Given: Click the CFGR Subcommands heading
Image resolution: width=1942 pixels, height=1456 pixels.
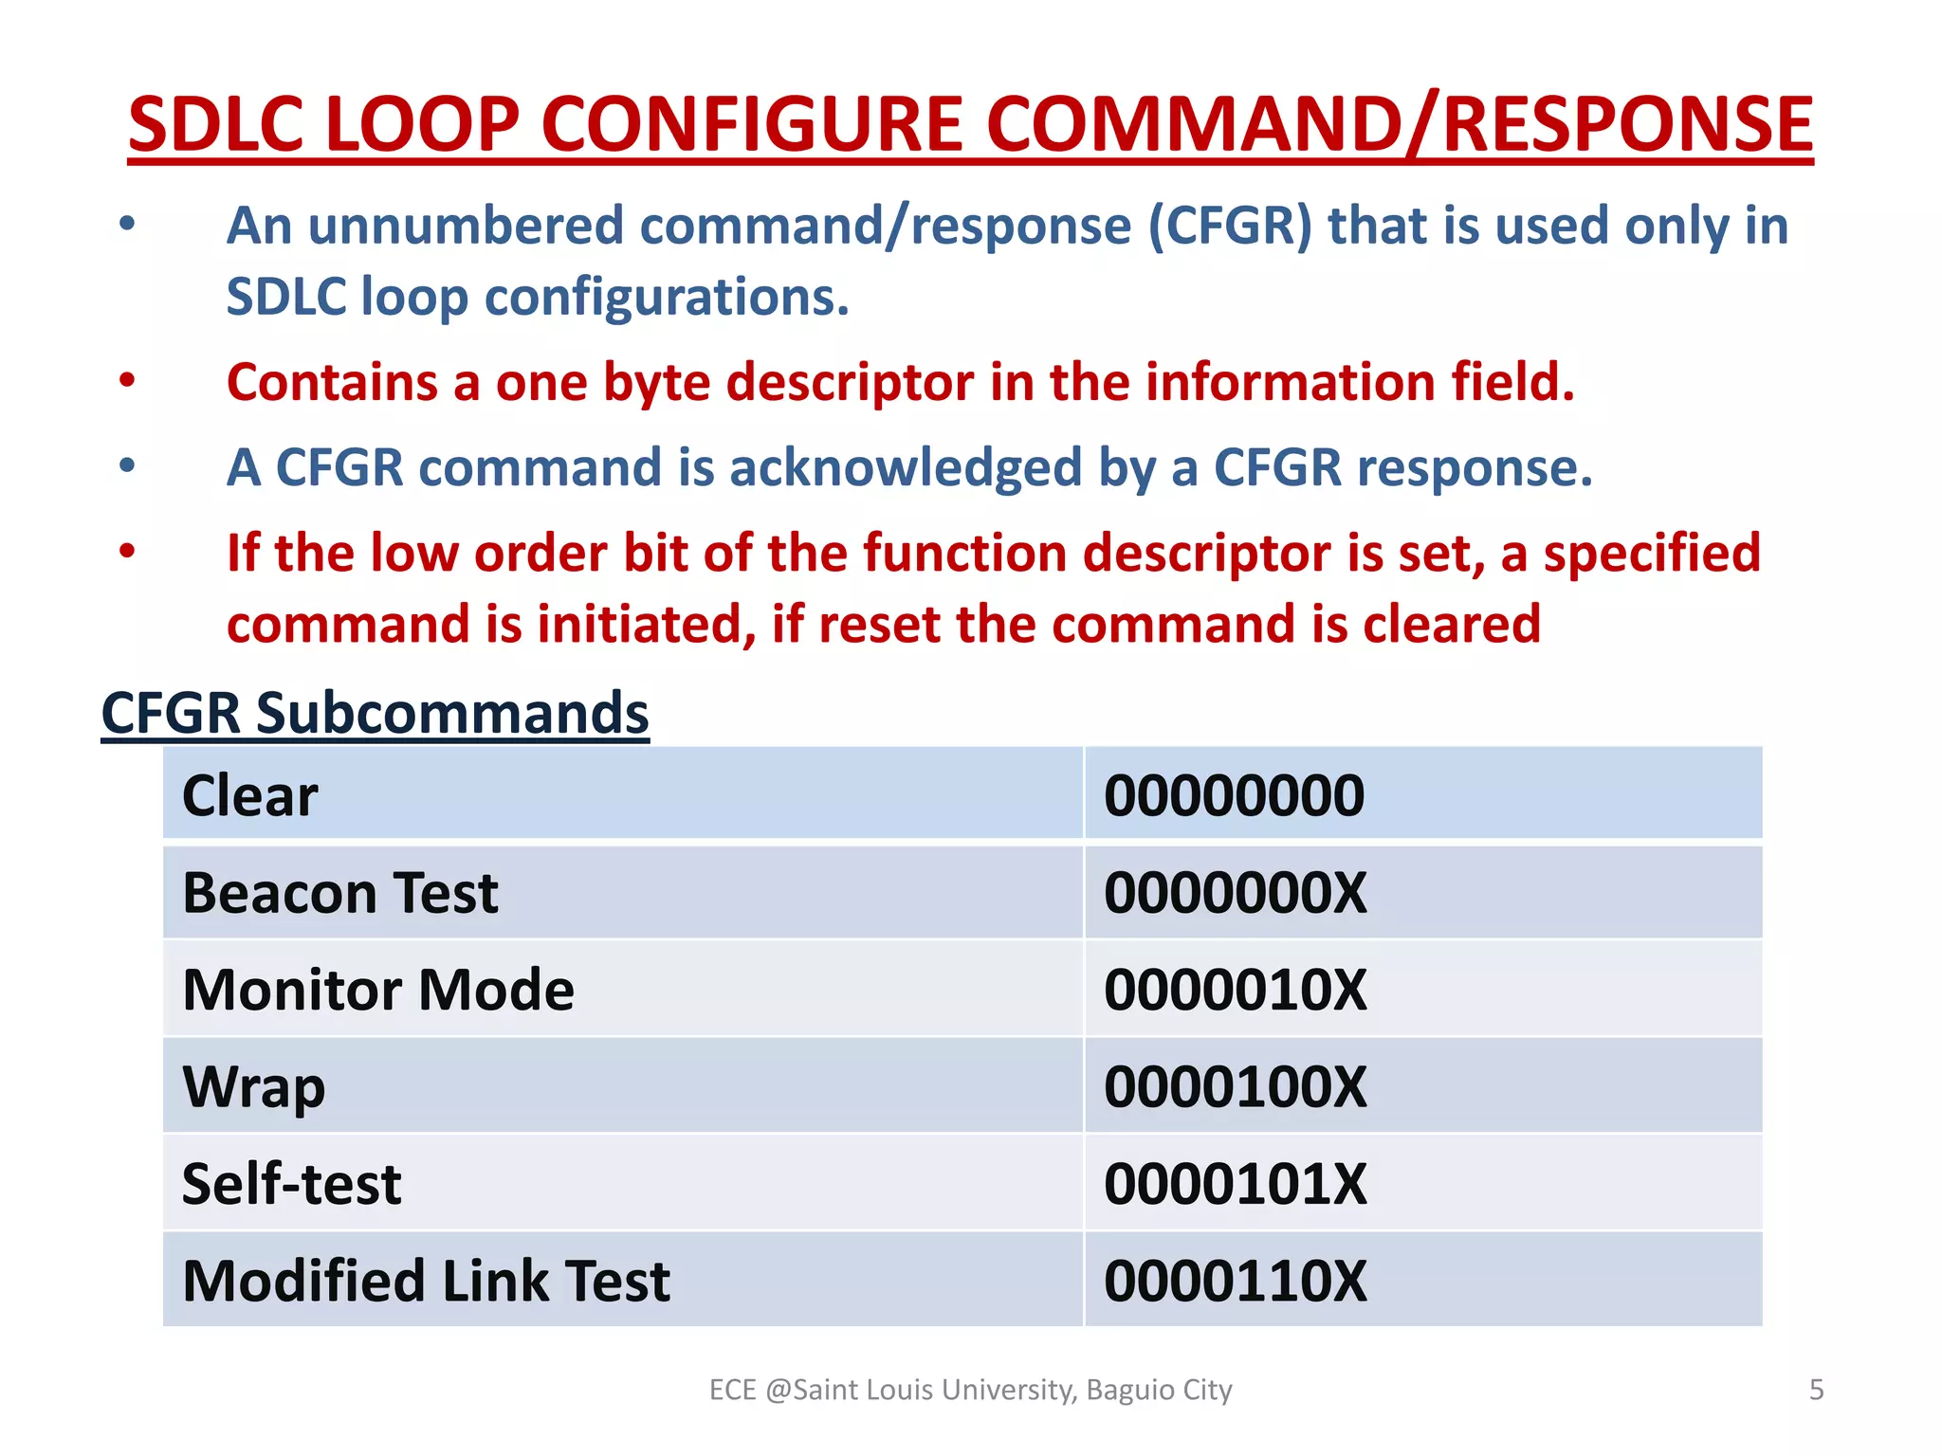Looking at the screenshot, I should click(375, 713).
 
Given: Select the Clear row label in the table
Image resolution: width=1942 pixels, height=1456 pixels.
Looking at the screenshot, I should click(250, 795).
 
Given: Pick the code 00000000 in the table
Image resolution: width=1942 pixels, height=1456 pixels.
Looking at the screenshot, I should click(1234, 795).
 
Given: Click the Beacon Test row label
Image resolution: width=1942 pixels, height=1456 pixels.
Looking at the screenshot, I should click(340, 893).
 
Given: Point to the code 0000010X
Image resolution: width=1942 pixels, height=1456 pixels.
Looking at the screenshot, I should click(1236, 990).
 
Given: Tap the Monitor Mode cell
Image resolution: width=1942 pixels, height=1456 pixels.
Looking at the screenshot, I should click(378, 990).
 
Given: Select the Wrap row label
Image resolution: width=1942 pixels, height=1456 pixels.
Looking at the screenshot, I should click(253, 1087).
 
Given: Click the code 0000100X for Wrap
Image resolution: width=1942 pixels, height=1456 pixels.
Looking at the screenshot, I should click(1236, 1087).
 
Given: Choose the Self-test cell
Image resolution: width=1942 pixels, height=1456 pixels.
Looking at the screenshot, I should click(291, 1184).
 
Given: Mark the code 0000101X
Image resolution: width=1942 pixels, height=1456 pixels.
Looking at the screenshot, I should click(1236, 1184).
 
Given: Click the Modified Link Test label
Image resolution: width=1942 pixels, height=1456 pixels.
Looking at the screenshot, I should click(426, 1282).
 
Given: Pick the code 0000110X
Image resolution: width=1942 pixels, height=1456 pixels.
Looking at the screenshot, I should click(1236, 1282).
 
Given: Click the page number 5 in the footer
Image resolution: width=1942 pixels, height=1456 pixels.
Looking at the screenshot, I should click(1816, 1390).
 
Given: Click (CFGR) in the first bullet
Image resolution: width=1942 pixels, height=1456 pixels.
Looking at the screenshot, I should click(1230, 227).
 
